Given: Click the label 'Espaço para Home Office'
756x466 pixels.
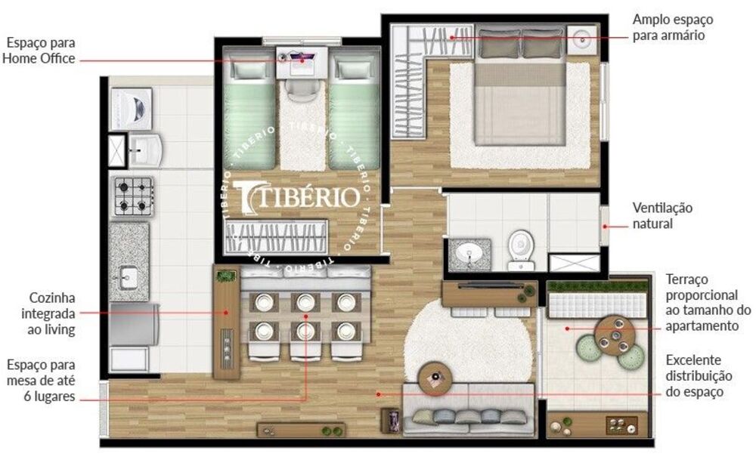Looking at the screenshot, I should (x=39, y=51).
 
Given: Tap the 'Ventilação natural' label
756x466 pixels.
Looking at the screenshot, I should (x=661, y=215).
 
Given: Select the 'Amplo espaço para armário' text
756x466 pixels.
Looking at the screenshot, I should (x=671, y=27).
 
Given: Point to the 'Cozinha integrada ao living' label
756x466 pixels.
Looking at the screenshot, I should (x=51, y=313).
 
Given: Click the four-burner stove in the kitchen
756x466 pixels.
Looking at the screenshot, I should (x=132, y=196).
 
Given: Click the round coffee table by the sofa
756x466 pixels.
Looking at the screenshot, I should (x=435, y=378).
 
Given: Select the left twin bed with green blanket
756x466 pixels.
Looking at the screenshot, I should (x=252, y=113).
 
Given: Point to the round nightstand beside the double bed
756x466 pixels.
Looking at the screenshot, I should (x=583, y=38).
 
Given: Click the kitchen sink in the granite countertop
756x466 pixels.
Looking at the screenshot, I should (x=128, y=276).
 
